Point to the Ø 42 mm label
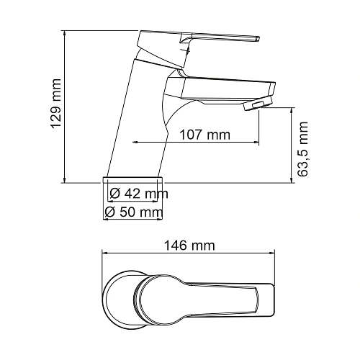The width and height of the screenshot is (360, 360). tap(138, 194)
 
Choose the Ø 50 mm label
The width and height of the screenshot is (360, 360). tap(133, 212)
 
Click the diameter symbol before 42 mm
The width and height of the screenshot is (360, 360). tap(114, 194)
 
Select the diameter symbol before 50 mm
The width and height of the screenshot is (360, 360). tap(111, 212)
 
